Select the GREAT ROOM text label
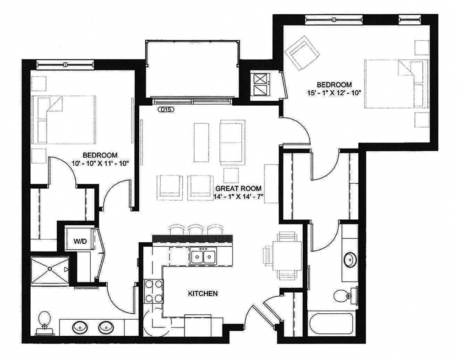(239, 188)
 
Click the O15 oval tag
(164, 110)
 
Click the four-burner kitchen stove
(153, 291)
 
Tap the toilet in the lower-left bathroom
(44, 321)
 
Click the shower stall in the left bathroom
(49, 270)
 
